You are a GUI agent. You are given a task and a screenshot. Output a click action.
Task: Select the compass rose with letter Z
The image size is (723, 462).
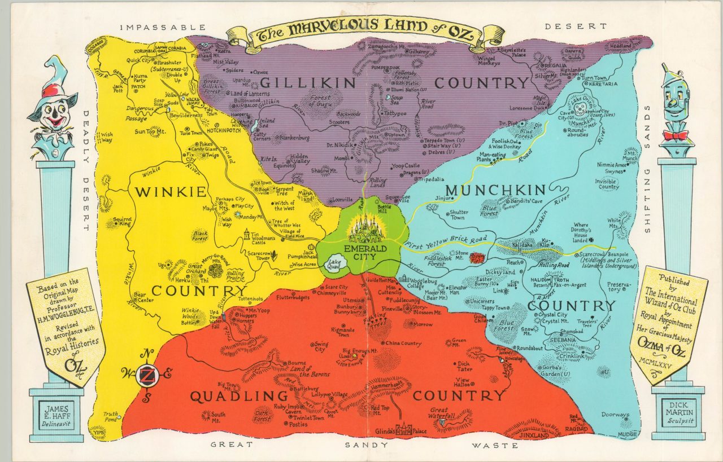[x=147, y=375]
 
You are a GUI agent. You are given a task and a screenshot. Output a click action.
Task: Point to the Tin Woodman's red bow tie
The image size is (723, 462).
[x=676, y=135]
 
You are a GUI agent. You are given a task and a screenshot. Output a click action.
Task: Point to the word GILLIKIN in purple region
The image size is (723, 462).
[x=308, y=83]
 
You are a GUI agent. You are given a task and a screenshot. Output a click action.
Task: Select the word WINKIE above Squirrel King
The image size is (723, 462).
[x=170, y=192]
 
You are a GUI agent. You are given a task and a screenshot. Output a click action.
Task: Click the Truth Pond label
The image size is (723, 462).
[x=110, y=417]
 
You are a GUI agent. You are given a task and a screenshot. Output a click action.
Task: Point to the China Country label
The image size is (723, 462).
[x=403, y=343]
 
